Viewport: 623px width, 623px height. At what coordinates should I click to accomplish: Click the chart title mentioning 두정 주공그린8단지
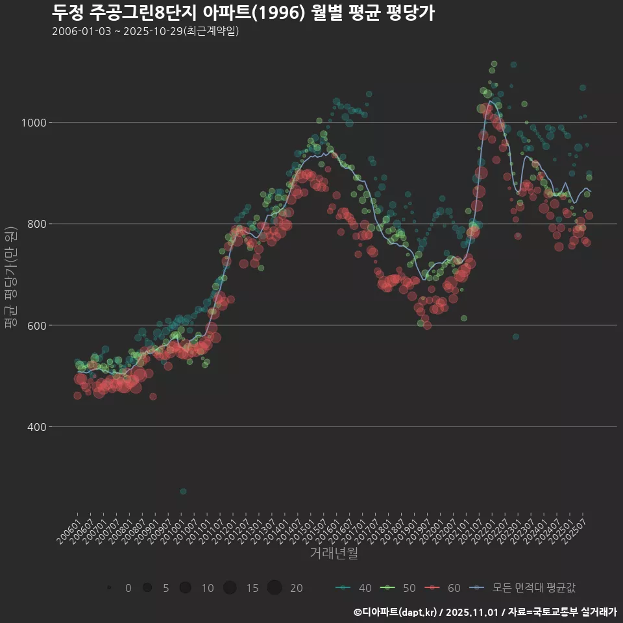point(243,12)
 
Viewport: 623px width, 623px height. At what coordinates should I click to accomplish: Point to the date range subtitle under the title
point(145,31)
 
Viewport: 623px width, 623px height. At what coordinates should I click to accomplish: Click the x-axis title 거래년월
point(334,553)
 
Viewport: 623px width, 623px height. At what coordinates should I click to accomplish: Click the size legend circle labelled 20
point(274,588)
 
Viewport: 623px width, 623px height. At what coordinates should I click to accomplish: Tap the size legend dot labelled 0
point(109,588)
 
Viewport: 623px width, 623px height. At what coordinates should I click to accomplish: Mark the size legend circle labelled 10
point(186,588)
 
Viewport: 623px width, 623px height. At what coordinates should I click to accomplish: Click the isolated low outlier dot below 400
point(183,491)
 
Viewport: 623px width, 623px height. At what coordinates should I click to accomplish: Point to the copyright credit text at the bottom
point(485,612)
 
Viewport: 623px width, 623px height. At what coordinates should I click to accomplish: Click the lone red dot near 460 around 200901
point(153,397)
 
